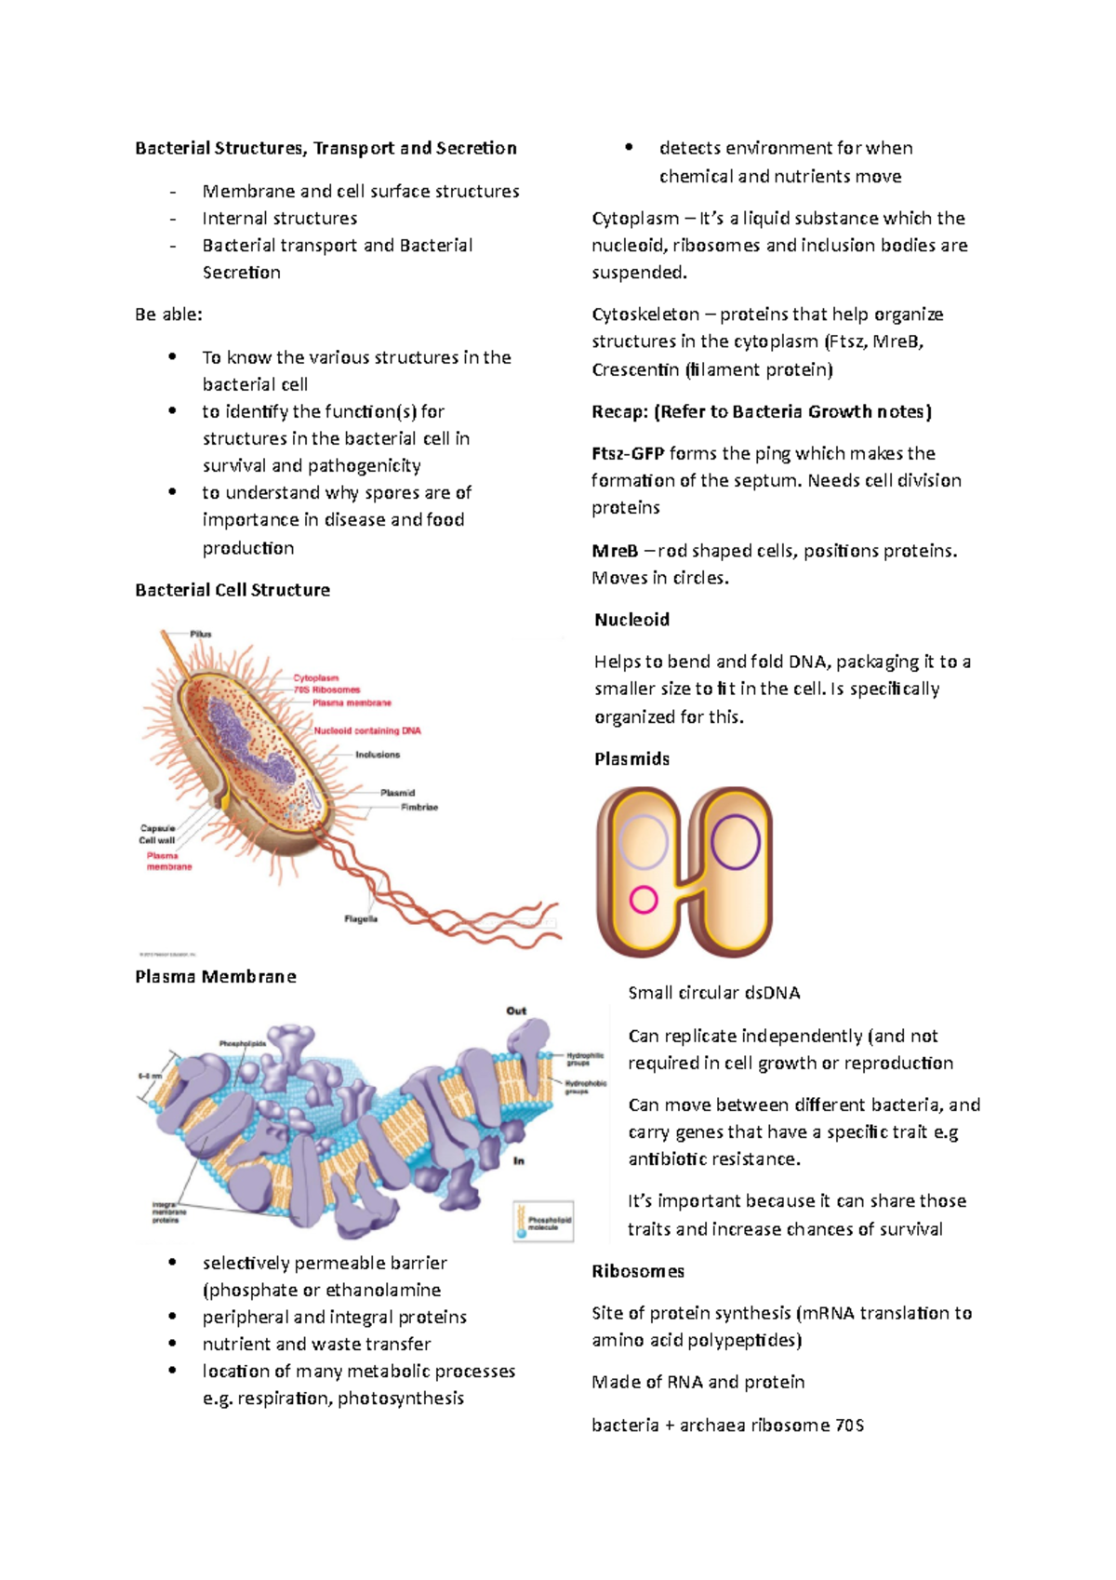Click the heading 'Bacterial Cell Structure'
click(x=232, y=590)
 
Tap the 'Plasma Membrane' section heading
click(x=216, y=976)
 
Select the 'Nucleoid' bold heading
click(x=631, y=620)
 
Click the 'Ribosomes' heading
click(x=638, y=1271)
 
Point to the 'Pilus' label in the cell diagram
click(x=201, y=634)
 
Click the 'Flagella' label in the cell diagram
click(x=361, y=918)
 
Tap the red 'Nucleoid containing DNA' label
click(x=367, y=730)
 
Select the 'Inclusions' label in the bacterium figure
click(x=378, y=755)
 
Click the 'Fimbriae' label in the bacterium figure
click(x=419, y=807)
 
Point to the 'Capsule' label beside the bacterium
click(x=157, y=827)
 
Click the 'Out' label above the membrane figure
click(x=516, y=1011)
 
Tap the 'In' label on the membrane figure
click(x=519, y=1160)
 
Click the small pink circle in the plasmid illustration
click(x=644, y=899)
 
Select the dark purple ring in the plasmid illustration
click(x=736, y=842)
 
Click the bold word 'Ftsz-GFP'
click(x=628, y=453)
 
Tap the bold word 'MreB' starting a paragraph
click(x=615, y=551)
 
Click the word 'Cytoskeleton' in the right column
click(x=645, y=315)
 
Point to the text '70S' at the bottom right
click(x=849, y=1425)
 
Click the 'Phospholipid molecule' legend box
click(x=544, y=1222)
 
